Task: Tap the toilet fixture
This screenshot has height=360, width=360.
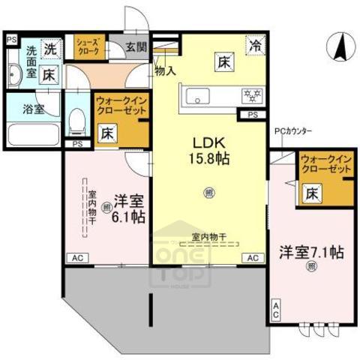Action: point(76,121)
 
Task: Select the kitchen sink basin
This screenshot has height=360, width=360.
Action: point(199,95)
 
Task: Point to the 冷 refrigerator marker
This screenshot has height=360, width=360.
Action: point(256,46)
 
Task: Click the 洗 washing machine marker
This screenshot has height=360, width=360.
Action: point(49,49)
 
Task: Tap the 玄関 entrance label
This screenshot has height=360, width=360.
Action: point(136,47)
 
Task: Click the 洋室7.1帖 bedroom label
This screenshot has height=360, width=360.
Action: point(312,253)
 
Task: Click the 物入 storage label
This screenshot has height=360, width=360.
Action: point(165,71)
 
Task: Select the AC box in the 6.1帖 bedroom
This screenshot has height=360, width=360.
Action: point(76,258)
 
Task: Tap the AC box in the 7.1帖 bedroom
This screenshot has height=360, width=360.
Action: point(276,310)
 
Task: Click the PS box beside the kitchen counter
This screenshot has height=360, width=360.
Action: point(252,115)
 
